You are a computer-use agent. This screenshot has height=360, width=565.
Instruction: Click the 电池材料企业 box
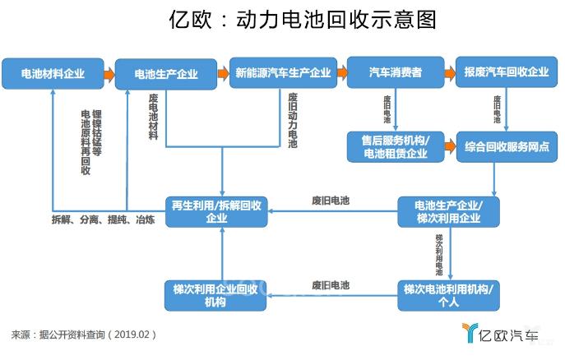[x=53, y=73]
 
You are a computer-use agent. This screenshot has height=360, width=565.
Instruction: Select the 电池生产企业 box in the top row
[x=166, y=74]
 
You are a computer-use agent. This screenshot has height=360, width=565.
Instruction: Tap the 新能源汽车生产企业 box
[x=282, y=73]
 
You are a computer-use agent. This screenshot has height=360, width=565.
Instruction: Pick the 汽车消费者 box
[x=396, y=73]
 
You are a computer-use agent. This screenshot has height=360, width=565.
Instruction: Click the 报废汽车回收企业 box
[x=506, y=73]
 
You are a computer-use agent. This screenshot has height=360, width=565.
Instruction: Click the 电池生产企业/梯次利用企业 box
[x=449, y=212]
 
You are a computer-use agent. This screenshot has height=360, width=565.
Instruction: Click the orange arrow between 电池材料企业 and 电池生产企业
[x=109, y=74]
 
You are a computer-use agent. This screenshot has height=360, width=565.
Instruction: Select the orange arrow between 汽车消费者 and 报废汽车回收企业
[x=450, y=73]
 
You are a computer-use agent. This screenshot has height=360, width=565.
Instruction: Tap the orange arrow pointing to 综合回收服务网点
[x=450, y=146]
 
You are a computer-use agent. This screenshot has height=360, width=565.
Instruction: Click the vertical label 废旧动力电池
[x=293, y=120]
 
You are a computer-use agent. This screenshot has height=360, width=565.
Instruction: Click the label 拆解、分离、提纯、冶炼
[x=103, y=220]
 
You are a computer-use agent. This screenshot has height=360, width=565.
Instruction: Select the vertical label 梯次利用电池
[x=439, y=254]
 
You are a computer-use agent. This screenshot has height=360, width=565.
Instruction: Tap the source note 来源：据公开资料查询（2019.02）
[x=84, y=335]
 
